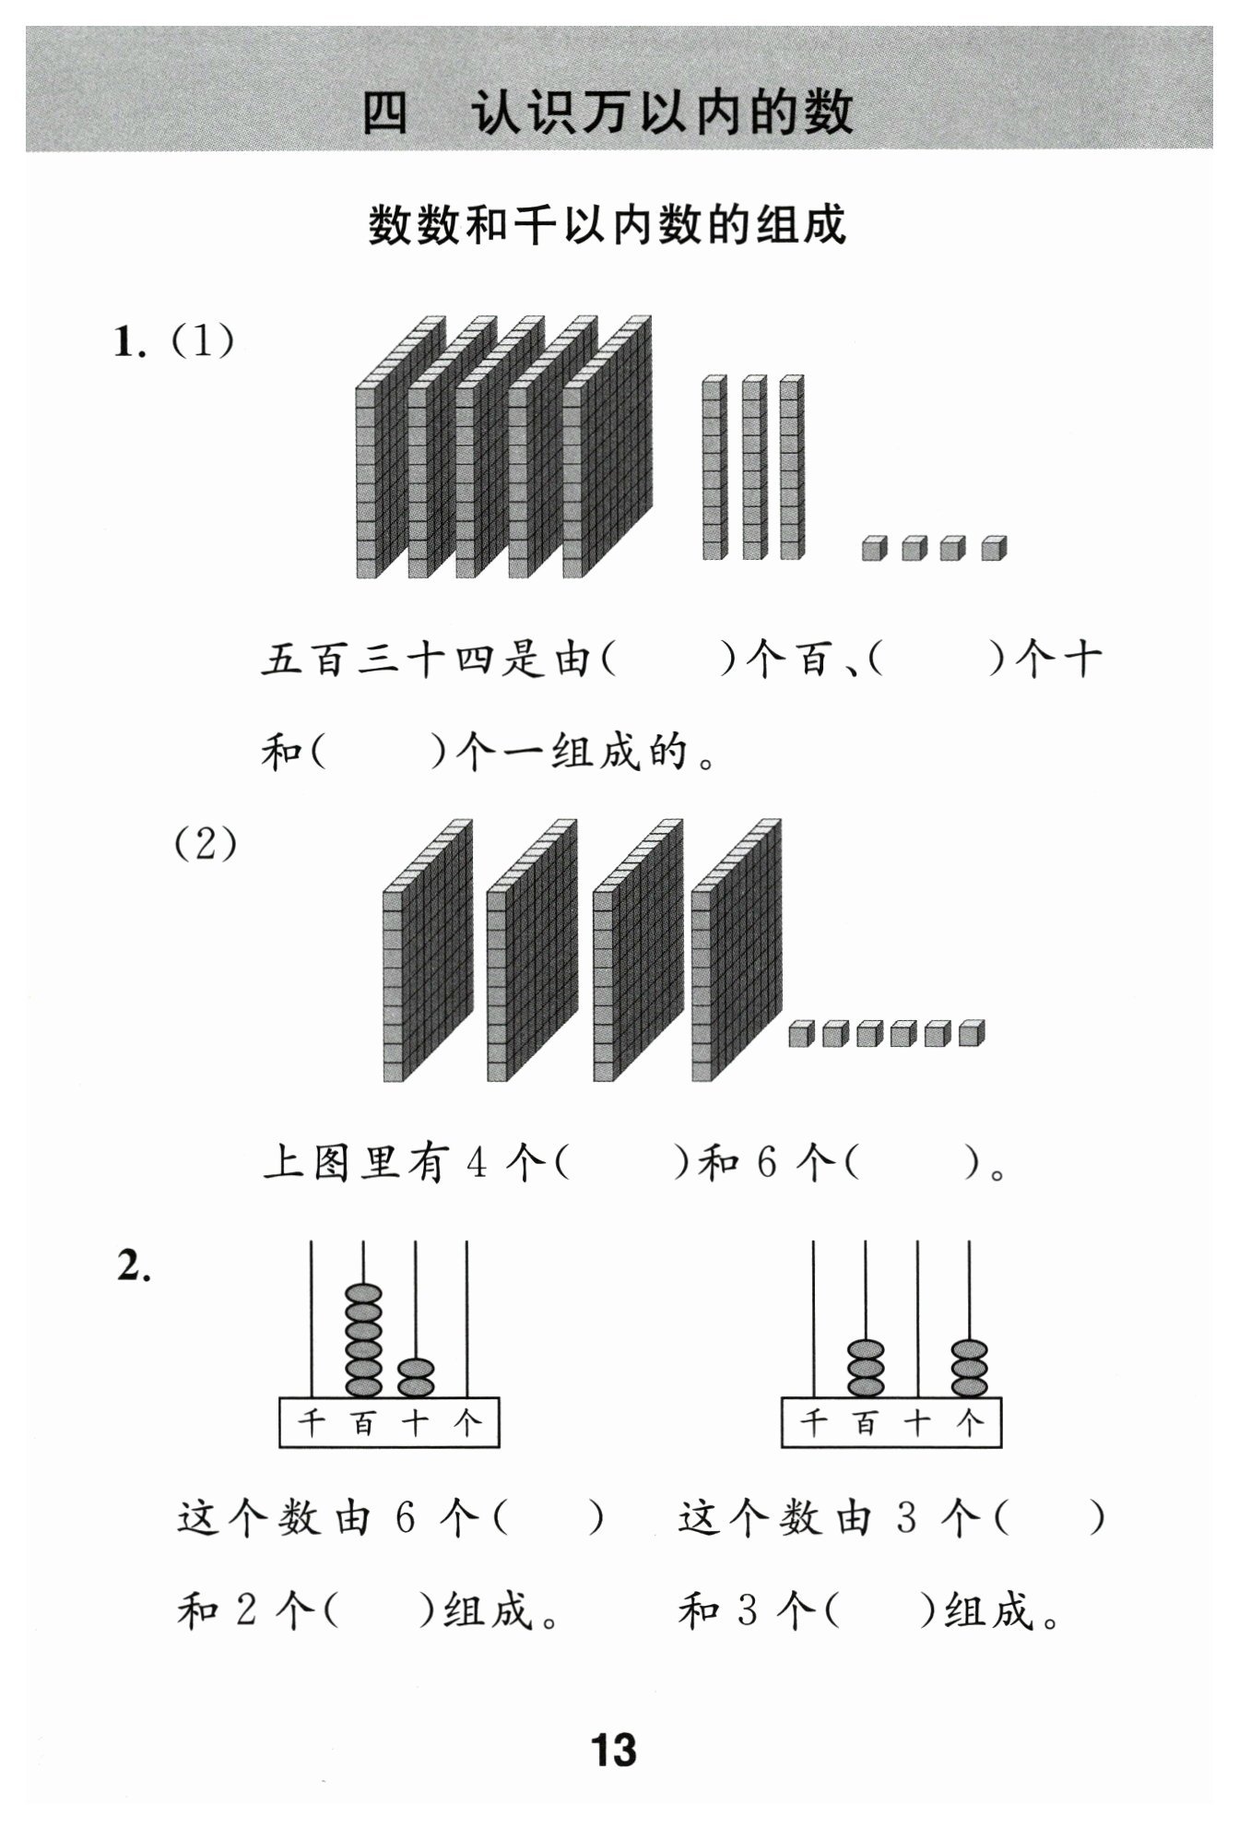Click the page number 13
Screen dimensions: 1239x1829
[x=613, y=1749]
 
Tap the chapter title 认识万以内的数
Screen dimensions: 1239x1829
[x=662, y=113]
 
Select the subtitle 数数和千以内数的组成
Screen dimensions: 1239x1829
[x=608, y=225]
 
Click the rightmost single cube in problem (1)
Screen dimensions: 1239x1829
[x=994, y=548]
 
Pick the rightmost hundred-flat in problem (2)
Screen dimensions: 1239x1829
[x=737, y=950]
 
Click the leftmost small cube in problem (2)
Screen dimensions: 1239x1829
[x=802, y=1034]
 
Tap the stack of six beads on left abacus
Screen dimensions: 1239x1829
[x=363, y=1340]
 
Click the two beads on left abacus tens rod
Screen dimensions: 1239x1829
[x=416, y=1378]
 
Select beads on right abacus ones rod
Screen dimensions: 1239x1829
[x=969, y=1368]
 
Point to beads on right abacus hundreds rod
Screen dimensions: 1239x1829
[x=865, y=1368]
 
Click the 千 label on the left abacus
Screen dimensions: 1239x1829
[x=312, y=1423]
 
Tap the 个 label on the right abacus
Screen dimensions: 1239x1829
[x=970, y=1423]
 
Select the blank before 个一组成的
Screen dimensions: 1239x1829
[x=379, y=754]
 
